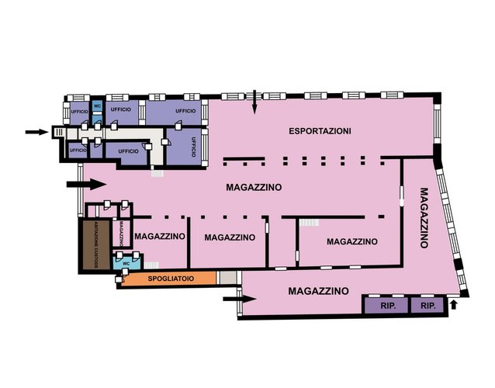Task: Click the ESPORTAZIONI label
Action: pyautogui.click(x=320, y=131)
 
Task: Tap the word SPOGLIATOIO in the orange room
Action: pyautogui.click(x=171, y=279)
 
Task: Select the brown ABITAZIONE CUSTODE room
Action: pyautogui.click(x=96, y=245)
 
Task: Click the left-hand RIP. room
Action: pyautogui.click(x=387, y=305)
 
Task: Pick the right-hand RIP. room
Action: pyautogui.click(x=427, y=305)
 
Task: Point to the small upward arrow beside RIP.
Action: pyautogui.click(x=454, y=304)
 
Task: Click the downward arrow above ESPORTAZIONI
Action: pyautogui.click(x=254, y=102)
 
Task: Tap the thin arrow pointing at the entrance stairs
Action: pyautogui.click(x=36, y=132)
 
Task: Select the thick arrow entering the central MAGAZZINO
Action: pyautogui.click(x=86, y=185)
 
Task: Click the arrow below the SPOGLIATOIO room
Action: pyautogui.click(x=239, y=299)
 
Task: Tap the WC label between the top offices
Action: pyautogui.click(x=97, y=106)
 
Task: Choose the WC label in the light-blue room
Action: pyautogui.click(x=126, y=263)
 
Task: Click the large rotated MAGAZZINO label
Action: pyautogui.click(x=424, y=218)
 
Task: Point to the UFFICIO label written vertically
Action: pyautogui.click(x=193, y=147)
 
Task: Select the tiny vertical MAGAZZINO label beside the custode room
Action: pyautogui.click(x=121, y=233)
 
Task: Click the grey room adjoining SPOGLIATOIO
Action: pyautogui.click(x=227, y=278)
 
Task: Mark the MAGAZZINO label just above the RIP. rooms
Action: pyautogui.click(x=319, y=291)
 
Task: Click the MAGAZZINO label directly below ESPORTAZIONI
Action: pyautogui.click(x=254, y=187)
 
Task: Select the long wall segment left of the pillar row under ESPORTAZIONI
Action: pyautogui.click(x=244, y=158)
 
